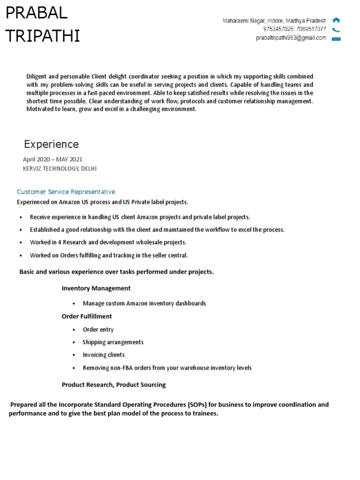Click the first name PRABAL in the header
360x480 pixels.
pyautogui.click(x=37, y=14)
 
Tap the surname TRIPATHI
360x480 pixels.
pyautogui.click(x=43, y=36)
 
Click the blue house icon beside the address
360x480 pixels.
pyautogui.click(x=336, y=20)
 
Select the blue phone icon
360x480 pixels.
pyautogui.click(x=336, y=30)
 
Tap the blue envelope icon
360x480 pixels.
pyautogui.click(x=336, y=38)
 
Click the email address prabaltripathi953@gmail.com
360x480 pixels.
pyautogui.click(x=291, y=38)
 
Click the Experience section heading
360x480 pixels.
pyautogui.click(x=52, y=144)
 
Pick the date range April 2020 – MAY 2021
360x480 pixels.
pyautogui.click(x=52, y=159)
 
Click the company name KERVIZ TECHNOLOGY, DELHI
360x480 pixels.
pyautogui.click(x=60, y=168)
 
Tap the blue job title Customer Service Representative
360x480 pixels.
pyautogui.click(x=66, y=192)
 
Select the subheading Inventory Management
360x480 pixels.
pyautogui.click(x=96, y=288)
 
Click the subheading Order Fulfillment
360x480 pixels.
pyautogui.click(x=87, y=316)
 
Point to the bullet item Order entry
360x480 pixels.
pyautogui.click(x=98, y=330)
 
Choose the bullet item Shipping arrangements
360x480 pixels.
pyautogui.click(x=113, y=342)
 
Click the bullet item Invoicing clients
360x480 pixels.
pyautogui.click(x=104, y=355)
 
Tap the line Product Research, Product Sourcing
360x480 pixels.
pyautogui.click(x=114, y=385)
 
